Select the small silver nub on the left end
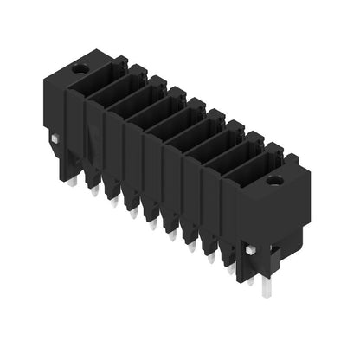click(55, 138)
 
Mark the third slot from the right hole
click(218, 149)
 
